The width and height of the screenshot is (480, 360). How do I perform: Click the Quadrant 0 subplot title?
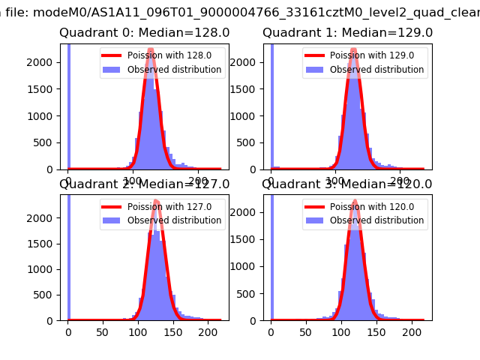pos(145,33)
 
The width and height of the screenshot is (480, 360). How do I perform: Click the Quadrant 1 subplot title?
pos(347,33)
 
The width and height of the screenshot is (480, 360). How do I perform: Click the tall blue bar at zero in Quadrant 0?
pos(69,105)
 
